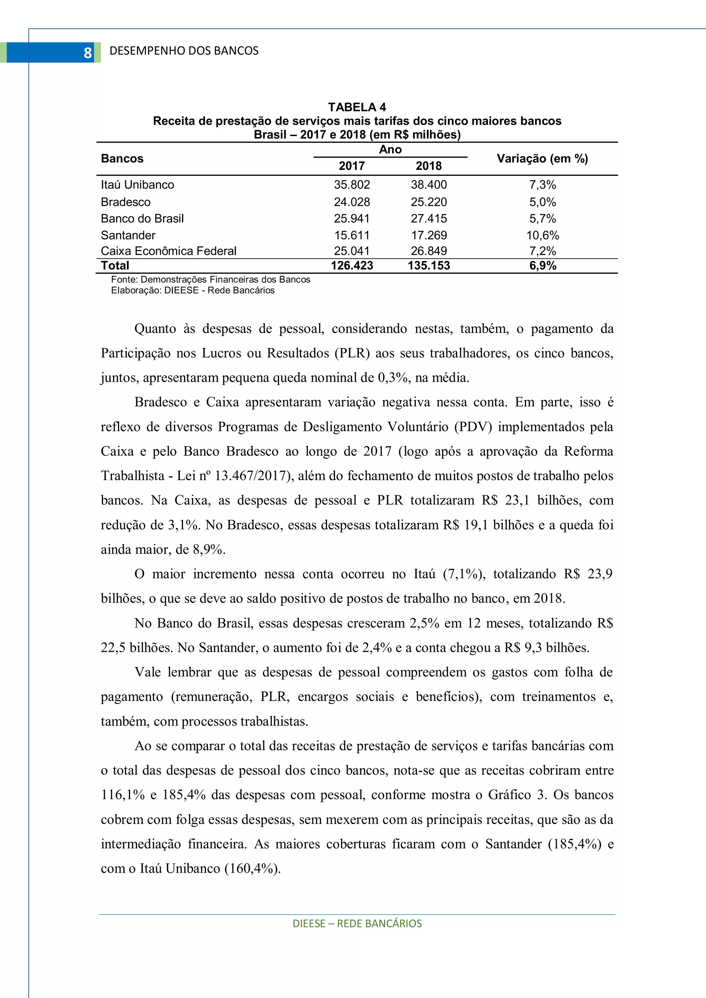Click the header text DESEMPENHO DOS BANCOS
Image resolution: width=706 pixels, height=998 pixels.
point(184,51)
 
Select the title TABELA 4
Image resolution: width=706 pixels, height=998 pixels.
point(357,107)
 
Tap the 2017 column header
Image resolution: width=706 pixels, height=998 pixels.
point(352,166)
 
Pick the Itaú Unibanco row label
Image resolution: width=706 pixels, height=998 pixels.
point(138,185)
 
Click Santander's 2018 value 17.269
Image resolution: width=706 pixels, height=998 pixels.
point(429,235)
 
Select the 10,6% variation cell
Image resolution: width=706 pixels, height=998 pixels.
point(543,235)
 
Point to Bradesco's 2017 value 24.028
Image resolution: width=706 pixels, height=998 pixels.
point(352,202)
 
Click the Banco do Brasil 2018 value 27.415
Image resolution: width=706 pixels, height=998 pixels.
point(429,219)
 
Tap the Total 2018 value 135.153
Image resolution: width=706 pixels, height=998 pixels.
point(429,266)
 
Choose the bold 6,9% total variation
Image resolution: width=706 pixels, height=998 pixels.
point(543,266)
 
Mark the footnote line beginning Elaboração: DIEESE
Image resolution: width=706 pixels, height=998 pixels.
point(193,290)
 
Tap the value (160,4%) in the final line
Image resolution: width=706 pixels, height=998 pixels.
point(252,868)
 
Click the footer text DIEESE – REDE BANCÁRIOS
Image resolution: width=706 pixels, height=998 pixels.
point(357,924)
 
